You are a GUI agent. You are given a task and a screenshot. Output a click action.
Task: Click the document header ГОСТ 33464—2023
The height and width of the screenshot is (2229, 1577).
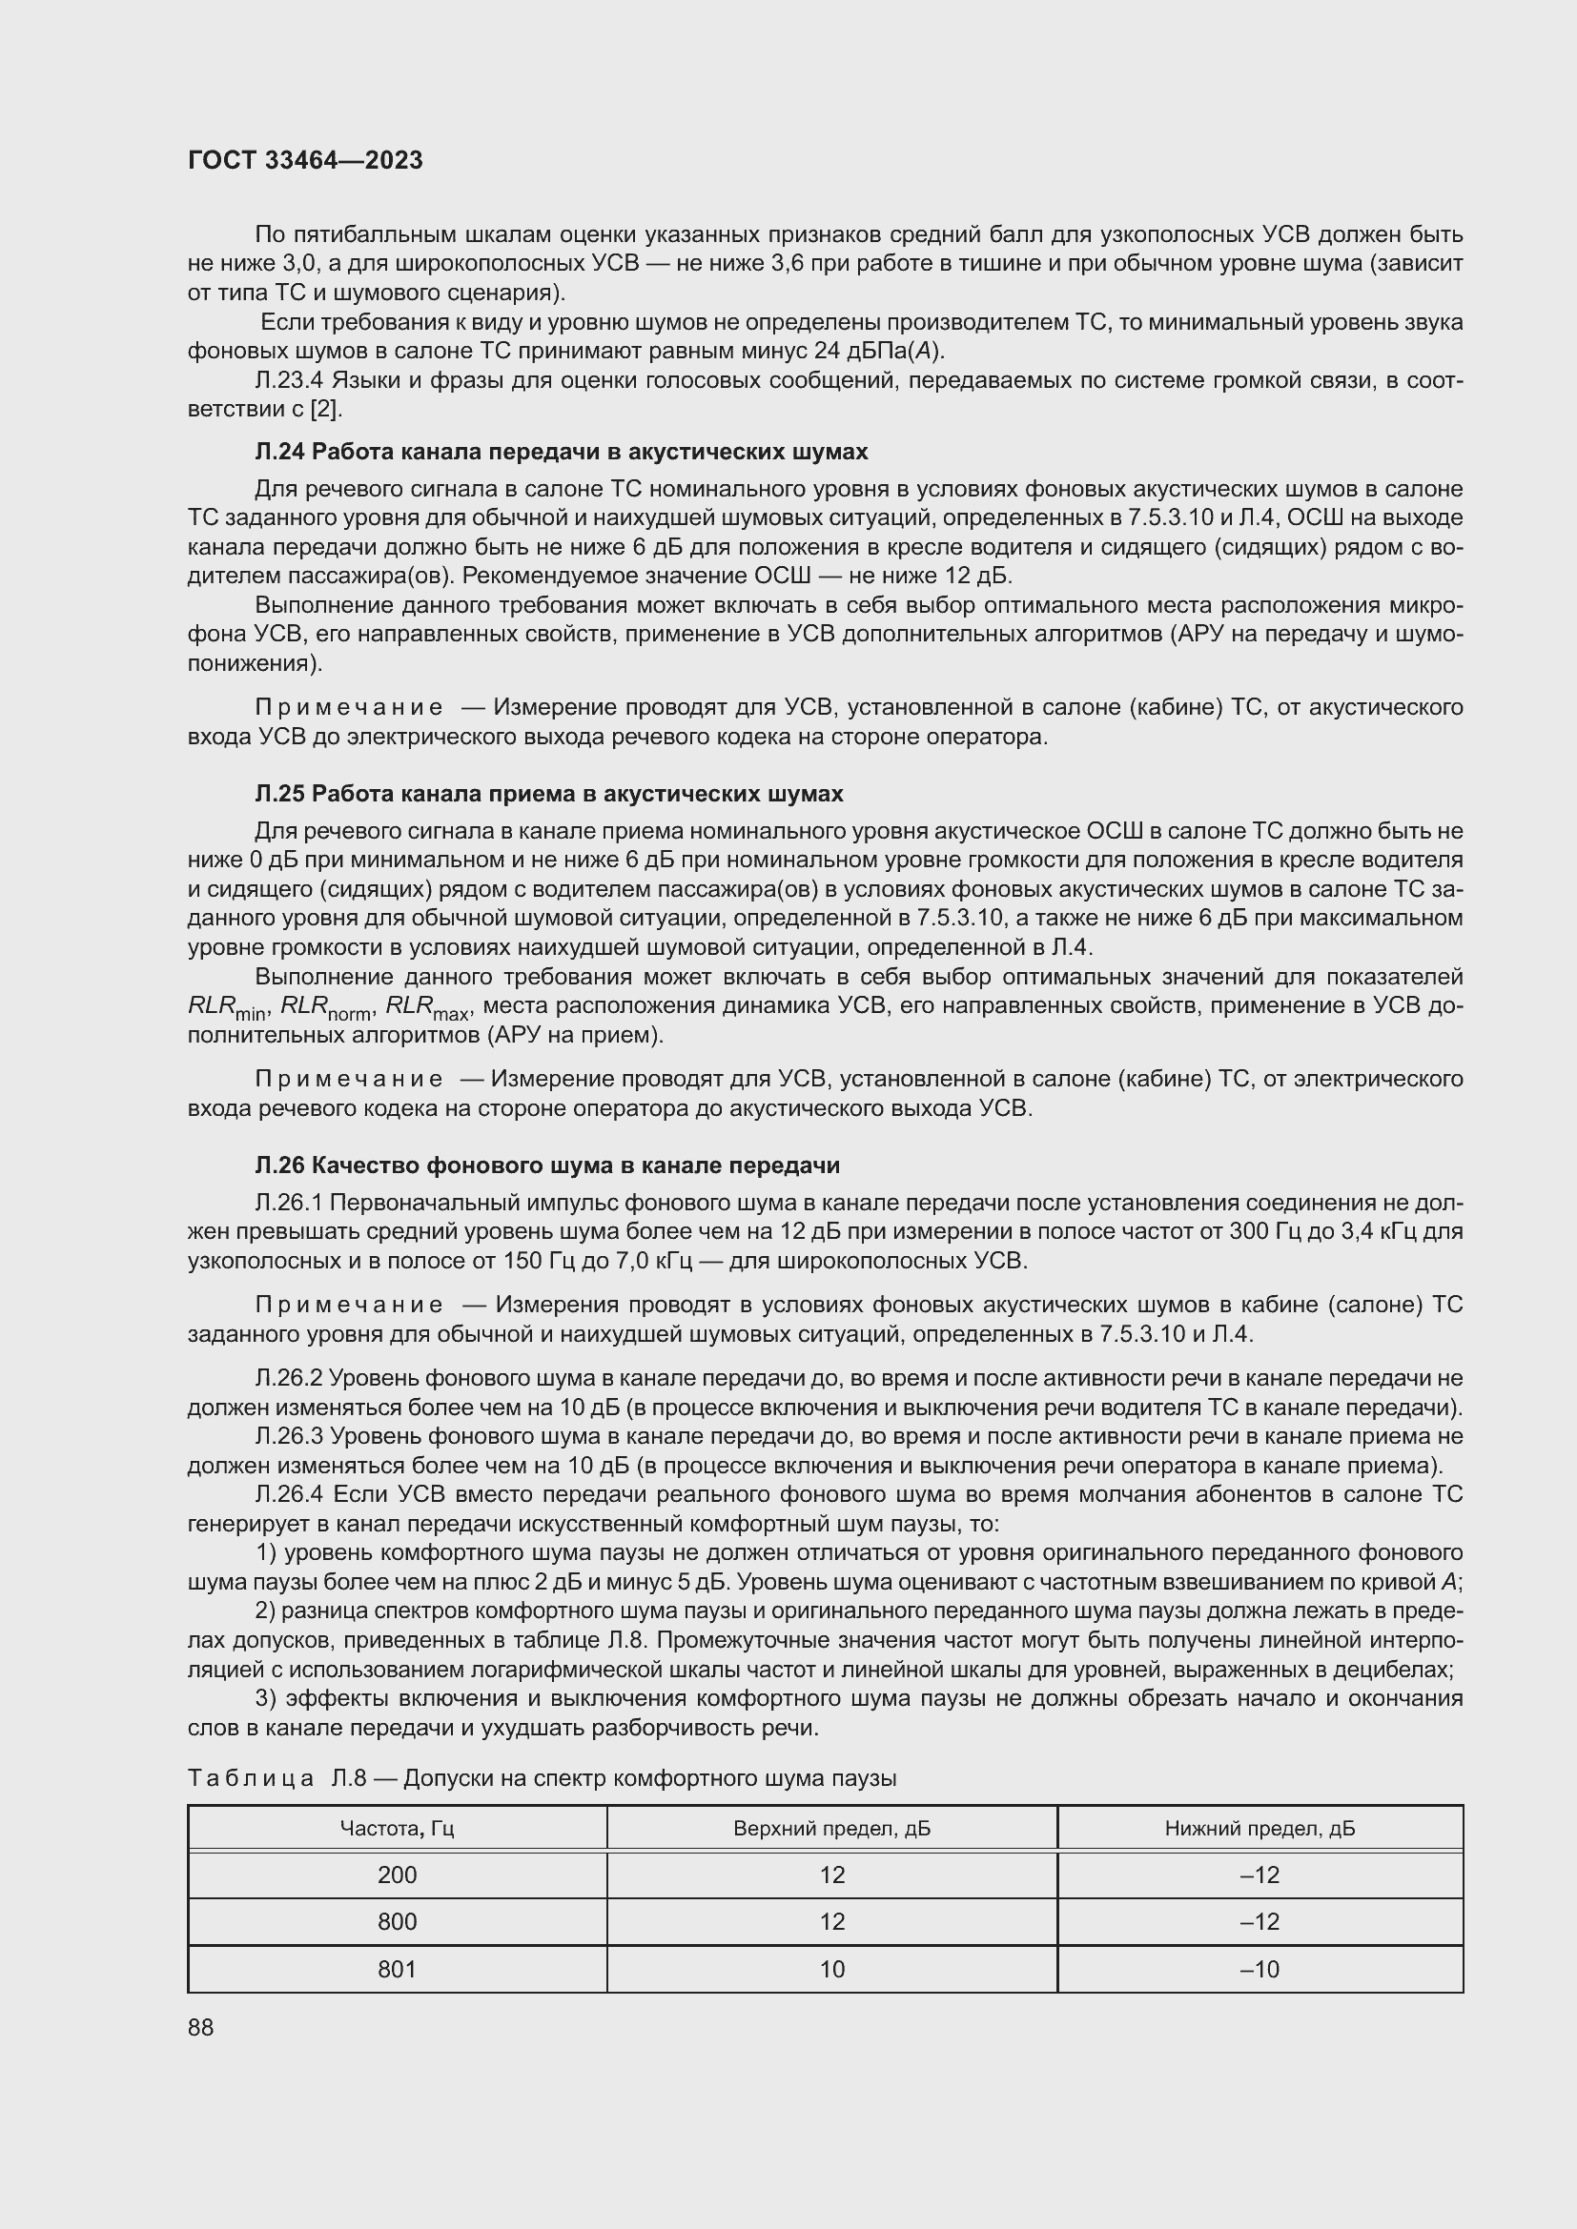[305, 161]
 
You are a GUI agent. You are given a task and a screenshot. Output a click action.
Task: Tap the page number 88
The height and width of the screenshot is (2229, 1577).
[201, 2027]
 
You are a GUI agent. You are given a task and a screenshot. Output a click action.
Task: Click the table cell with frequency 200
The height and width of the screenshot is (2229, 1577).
[398, 1874]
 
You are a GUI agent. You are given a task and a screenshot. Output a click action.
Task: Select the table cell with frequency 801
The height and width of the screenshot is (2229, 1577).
[398, 1969]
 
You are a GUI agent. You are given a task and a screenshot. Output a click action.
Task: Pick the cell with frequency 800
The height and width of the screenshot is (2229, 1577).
[398, 1921]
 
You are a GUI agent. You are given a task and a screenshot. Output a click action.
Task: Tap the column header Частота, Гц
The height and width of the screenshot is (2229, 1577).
[398, 1829]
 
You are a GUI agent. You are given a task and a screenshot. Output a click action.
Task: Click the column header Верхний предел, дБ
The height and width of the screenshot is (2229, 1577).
[831, 1829]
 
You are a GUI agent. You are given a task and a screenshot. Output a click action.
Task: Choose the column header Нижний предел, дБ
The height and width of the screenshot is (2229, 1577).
[1260, 1829]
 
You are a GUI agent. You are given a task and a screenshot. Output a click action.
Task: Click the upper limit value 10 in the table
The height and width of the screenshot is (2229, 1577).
[831, 1969]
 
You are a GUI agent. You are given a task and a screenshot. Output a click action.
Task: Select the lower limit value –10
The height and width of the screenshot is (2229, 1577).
[1260, 1969]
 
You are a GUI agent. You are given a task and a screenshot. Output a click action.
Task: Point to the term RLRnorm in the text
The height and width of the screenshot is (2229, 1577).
[325, 1007]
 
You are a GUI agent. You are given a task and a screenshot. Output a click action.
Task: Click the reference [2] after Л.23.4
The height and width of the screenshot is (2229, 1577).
[325, 409]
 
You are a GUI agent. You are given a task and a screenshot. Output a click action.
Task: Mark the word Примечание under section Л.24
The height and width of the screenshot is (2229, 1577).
[349, 708]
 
